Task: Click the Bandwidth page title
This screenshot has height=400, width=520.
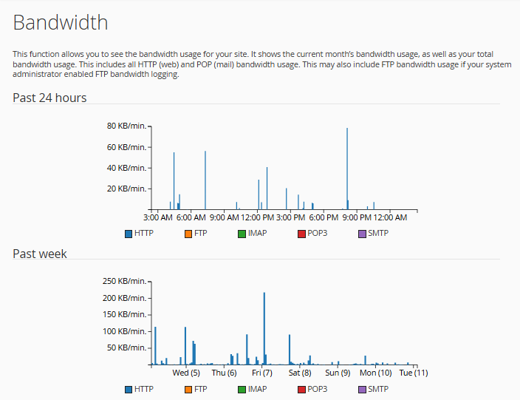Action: point(61,22)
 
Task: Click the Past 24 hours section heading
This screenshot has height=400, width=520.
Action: point(49,98)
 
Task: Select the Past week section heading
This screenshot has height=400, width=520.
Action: point(40,254)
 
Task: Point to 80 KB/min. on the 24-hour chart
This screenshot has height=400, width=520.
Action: point(127,126)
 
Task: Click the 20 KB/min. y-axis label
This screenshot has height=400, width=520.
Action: point(127,189)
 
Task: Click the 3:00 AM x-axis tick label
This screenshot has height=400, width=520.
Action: point(157,217)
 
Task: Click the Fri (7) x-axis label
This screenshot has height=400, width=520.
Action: point(262,373)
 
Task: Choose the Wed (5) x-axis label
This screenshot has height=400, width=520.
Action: point(186,373)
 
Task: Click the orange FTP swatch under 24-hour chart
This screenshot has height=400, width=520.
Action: point(188,234)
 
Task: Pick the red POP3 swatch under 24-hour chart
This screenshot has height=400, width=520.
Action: point(301,234)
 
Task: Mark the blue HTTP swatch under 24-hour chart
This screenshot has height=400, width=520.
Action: point(129,234)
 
